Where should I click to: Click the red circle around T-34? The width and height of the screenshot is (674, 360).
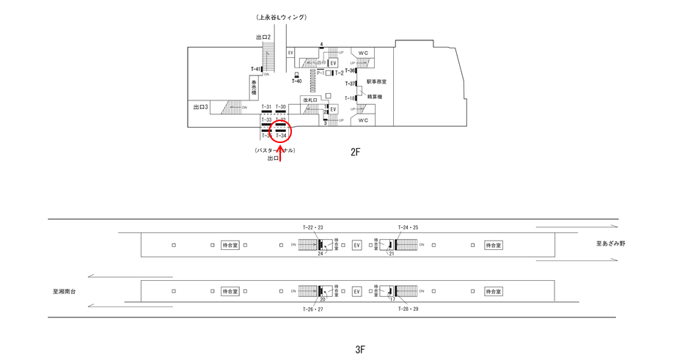pyautogui.click(x=281, y=132)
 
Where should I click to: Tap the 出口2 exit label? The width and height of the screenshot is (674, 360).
pyautogui.click(x=263, y=37)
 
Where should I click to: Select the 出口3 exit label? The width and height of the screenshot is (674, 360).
pyautogui.click(x=201, y=108)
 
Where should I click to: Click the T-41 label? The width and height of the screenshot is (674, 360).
pyautogui.click(x=255, y=70)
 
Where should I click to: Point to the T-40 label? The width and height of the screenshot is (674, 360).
pyautogui.click(x=296, y=81)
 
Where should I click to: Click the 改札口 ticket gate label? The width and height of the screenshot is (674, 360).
pyautogui.click(x=309, y=100)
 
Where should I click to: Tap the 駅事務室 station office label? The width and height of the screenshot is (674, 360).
pyautogui.click(x=376, y=82)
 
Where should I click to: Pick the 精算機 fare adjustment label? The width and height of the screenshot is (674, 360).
pyautogui.click(x=374, y=97)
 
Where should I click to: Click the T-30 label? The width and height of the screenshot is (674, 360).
pyautogui.click(x=281, y=107)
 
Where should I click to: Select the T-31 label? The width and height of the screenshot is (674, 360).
pyautogui.click(x=266, y=107)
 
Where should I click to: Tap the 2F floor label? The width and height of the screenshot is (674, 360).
pyautogui.click(x=356, y=153)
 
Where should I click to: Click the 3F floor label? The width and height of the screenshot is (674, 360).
pyautogui.click(x=359, y=350)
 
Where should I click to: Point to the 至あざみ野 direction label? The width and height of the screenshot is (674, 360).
pyautogui.click(x=610, y=243)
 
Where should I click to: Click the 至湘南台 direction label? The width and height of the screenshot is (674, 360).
pyautogui.click(x=65, y=291)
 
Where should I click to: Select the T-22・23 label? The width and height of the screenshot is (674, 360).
pyautogui.click(x=312, y=227)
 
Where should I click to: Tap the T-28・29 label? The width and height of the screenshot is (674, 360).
pyautogui.click(x=408, y=309)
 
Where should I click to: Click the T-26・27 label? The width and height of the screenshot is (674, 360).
pyautogui.click(x=312, y=309)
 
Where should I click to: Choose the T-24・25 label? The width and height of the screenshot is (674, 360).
pyautogui.click(x=408, y=227)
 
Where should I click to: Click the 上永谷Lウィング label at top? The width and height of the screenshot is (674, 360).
pyautogui.click(x=281, y=17)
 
